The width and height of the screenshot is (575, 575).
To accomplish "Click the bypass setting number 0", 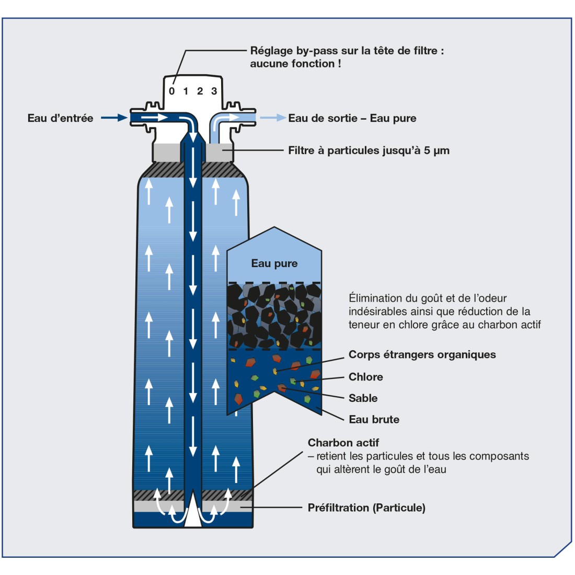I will [172, 91].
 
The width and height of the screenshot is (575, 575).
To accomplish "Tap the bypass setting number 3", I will [214, 91].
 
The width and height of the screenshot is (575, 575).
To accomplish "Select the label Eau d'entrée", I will [60, 118].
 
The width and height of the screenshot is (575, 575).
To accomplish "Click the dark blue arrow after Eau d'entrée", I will [114, 118].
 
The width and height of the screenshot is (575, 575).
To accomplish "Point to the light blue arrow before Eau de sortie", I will [273, 118].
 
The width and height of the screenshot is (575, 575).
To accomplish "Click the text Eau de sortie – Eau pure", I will [352, 118].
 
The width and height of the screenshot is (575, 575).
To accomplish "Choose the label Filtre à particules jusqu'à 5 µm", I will [369, 151].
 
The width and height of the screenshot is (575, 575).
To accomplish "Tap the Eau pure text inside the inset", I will [274, 263].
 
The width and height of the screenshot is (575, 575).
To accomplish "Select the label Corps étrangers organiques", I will [422, 354].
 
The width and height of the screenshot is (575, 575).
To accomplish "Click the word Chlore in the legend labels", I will [366, 377].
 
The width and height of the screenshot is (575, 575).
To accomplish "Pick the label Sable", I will [363, 398].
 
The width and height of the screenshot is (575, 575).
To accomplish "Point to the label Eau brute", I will [374, 419].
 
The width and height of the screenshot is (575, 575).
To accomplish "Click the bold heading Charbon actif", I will [343, 443].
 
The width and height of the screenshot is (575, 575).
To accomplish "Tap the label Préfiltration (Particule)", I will [366, 508].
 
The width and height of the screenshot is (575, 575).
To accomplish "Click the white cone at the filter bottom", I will [193, 510].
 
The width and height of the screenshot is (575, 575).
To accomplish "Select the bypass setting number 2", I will [200, 91].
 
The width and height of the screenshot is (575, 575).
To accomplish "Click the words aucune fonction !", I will [295, 64].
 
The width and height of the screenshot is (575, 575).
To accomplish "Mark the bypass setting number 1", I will [186, 91].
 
